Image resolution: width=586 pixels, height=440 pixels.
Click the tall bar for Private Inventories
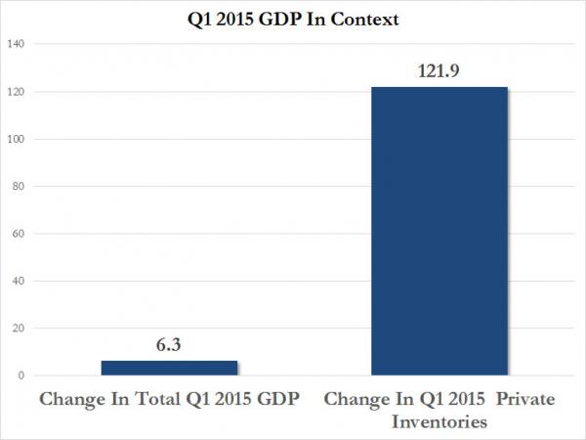[x=439, y=231]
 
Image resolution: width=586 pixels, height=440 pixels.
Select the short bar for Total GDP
[x=169, y=368]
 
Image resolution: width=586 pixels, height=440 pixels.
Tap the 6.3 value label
[x=169, y=346]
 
